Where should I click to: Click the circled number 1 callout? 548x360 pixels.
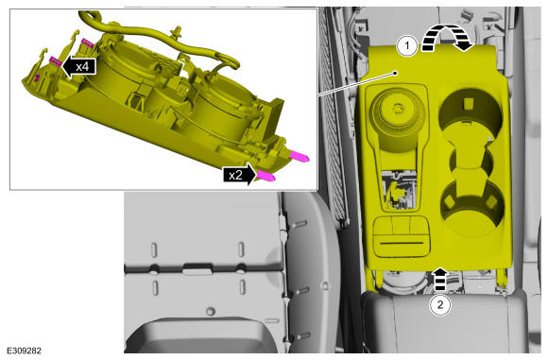click(x=407, y=46)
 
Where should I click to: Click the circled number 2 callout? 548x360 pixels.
click(x=440, y=305)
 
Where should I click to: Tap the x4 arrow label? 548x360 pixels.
click(x=79, y=66)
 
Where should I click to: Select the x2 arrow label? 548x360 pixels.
click(x=239, y=175)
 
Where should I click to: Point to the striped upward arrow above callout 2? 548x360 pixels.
click(x=440, y=280)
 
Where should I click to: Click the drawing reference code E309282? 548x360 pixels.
click(x=24, y=351)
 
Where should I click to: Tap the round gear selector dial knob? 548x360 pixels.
click(x=397, y=109)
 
